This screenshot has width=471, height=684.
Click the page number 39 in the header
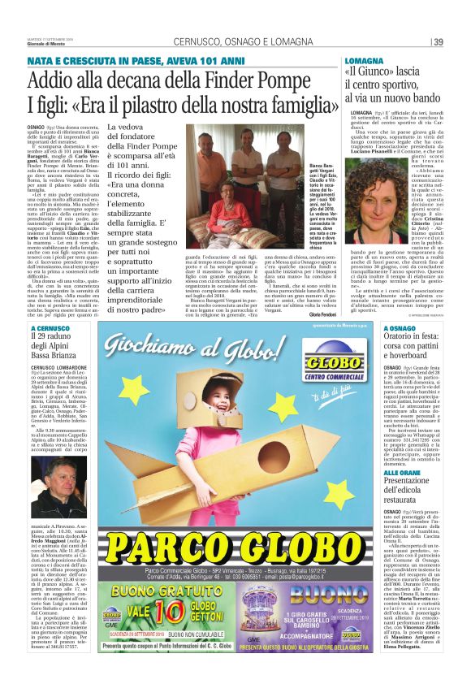(x=437, y=42)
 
